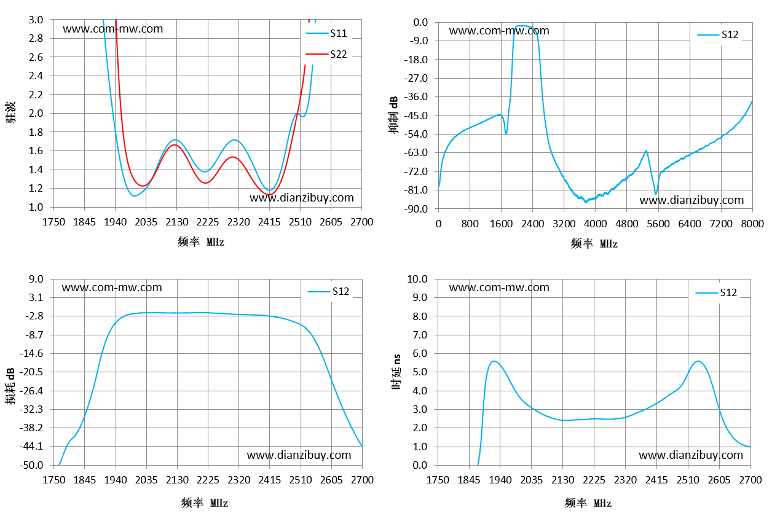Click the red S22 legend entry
(x=326, y=54)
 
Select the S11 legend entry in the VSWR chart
(x=326, y=33)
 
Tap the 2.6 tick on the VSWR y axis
(x=36, y=57)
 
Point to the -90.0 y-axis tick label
(x=416, y=209)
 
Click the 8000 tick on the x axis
(x=752, y=224)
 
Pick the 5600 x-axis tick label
(x=658, y=224)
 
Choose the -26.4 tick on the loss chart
(x=31, y=391)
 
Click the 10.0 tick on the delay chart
(x=417, y=279)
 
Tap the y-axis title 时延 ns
(x=396, y=372)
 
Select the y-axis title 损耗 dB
(x=10, y=386)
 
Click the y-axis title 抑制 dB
(x=393, y=115)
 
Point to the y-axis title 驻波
(x=10, y=112)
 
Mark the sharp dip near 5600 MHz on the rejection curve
(x=655, y=193)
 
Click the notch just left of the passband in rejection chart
(x=506, y=133)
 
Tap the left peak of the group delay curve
(x=494, y=361)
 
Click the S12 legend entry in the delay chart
(x=716, y=292)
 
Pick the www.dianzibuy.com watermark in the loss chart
(x=299, y=455)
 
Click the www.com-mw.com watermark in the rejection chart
(x=499, y=31)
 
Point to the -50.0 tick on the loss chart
(x=31, y=465)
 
